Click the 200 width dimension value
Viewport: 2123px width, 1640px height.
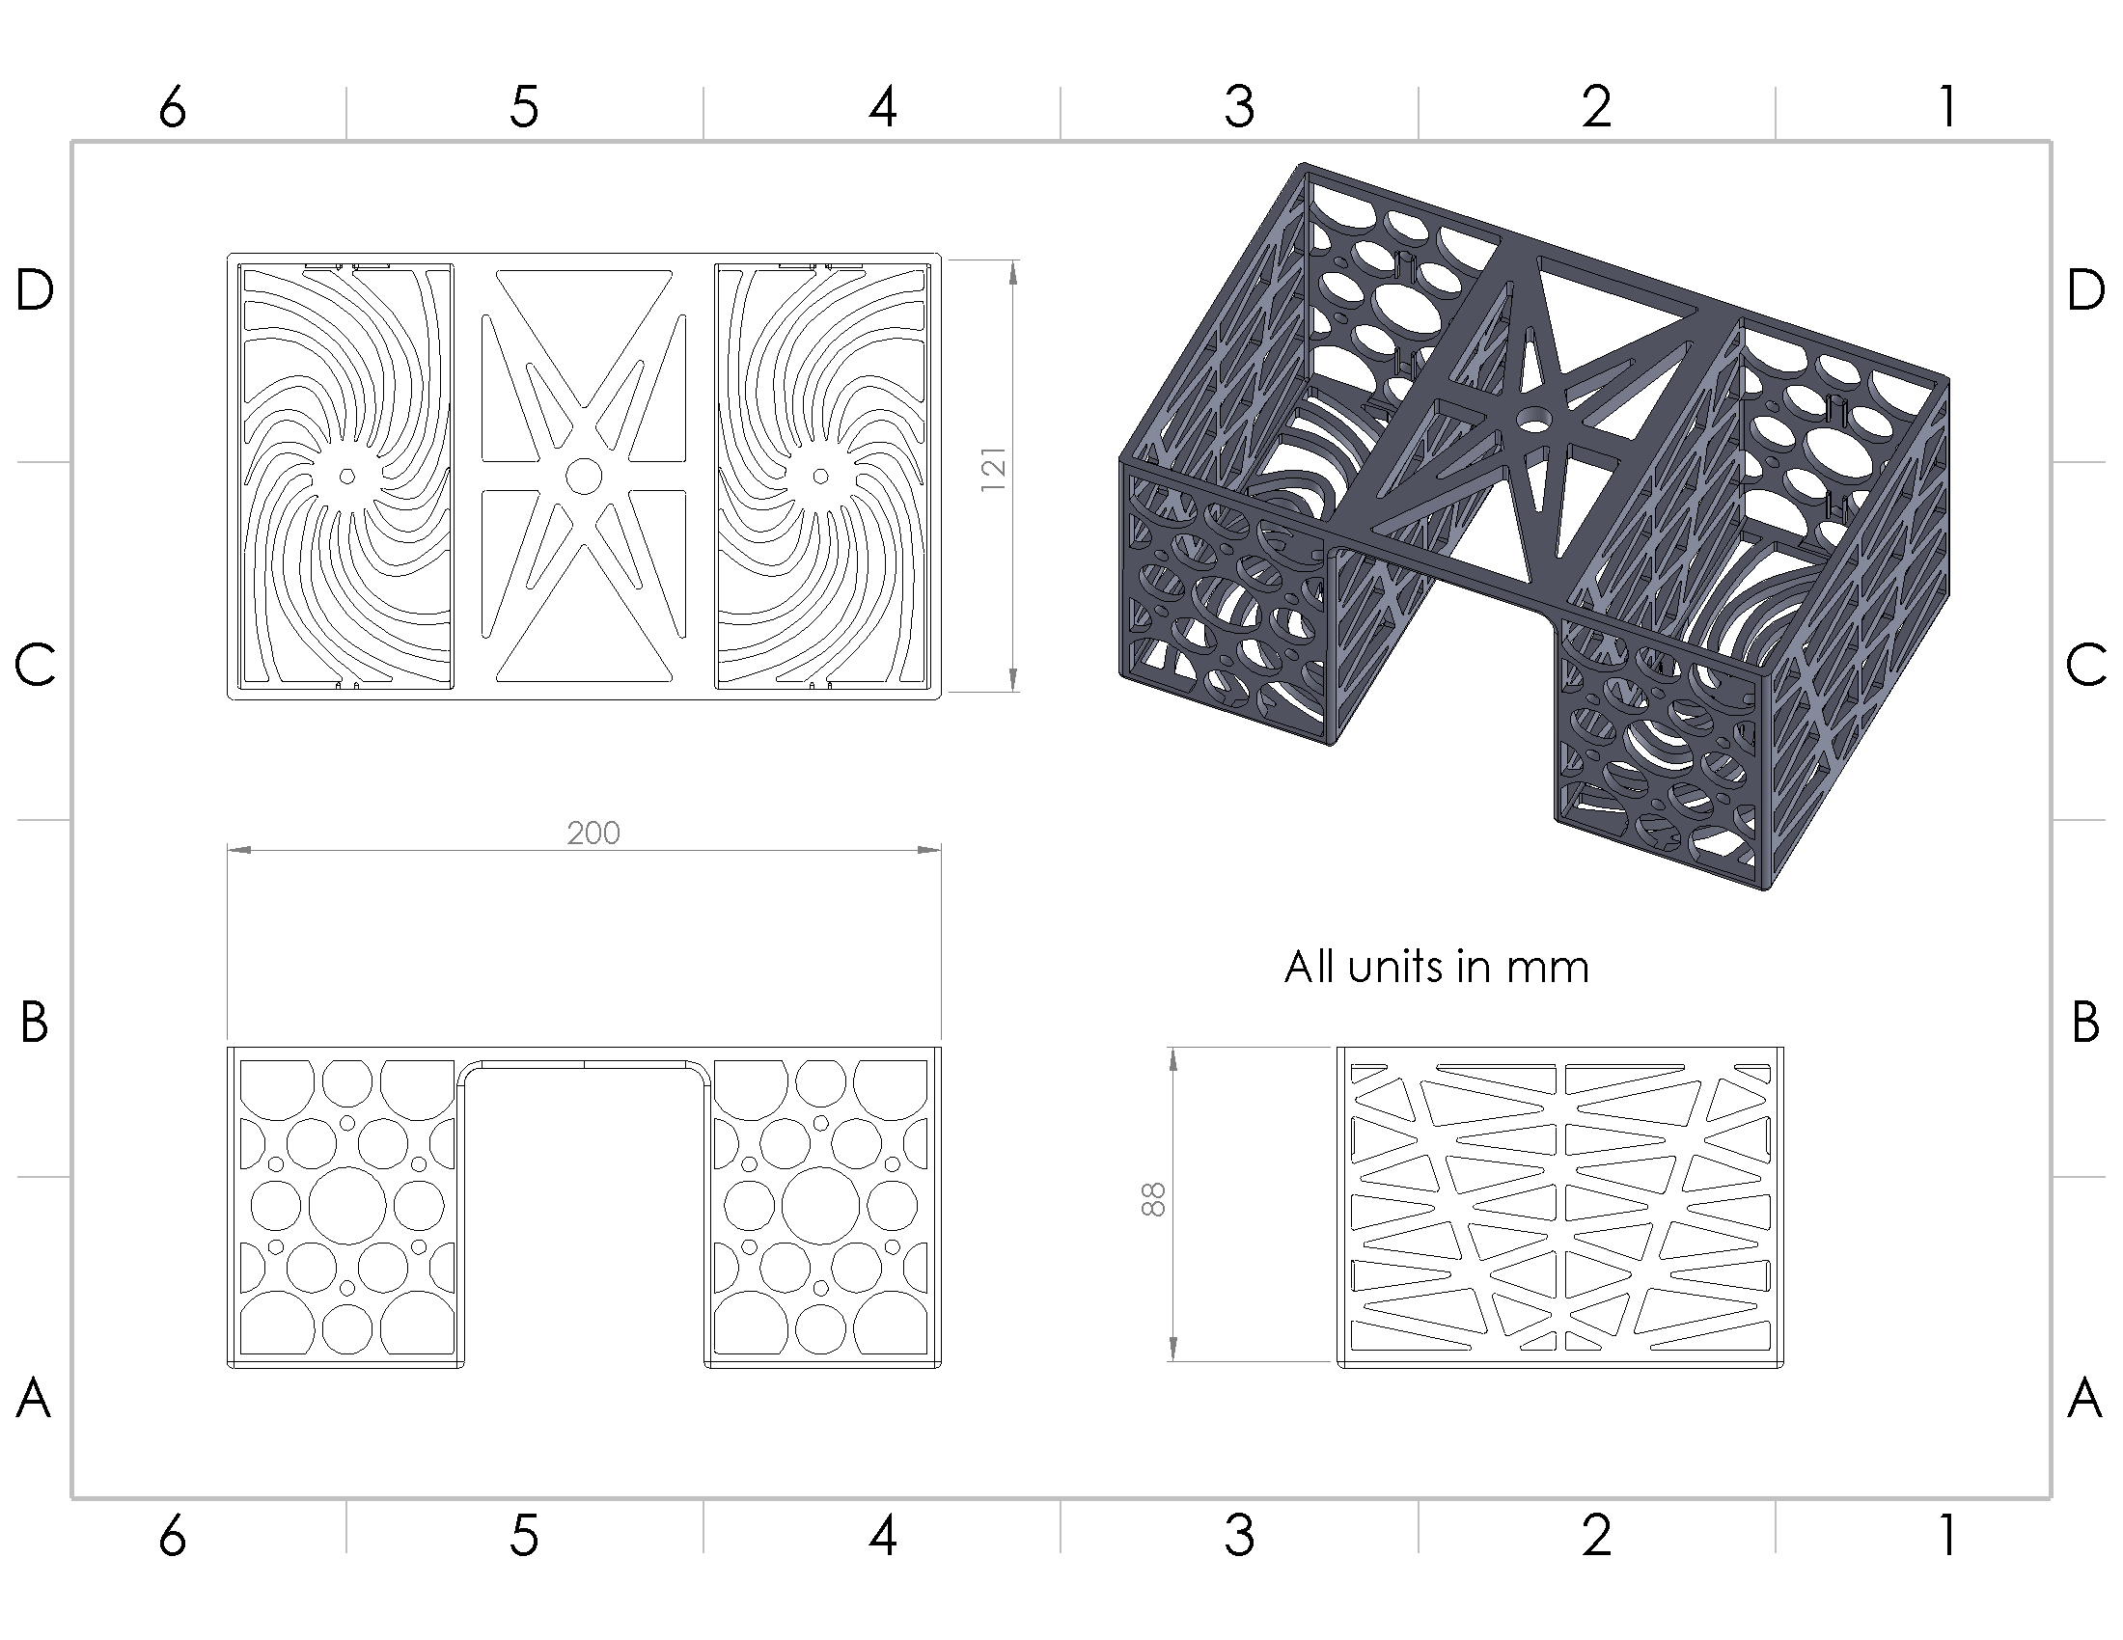coord(593,833)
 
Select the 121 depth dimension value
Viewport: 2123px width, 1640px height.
coord(992,469)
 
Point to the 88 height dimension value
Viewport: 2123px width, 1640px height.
coord(1152,1199)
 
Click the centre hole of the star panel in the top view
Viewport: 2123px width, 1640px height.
coord(583,476)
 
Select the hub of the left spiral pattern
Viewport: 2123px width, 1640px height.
coord(347,476)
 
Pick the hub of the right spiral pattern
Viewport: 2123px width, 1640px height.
coord(820,476)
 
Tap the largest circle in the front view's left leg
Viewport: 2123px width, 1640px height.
coord(347,1206)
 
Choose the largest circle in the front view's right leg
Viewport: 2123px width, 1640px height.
coord(820,1206)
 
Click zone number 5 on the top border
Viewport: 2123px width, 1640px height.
coord(524,107)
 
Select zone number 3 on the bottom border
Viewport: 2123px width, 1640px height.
coord(1239,1536)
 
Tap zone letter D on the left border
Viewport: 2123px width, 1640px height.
coord(35,289)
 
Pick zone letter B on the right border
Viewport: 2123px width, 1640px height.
coord(2085,1022)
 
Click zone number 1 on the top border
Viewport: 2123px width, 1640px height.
coord(1947,107)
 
